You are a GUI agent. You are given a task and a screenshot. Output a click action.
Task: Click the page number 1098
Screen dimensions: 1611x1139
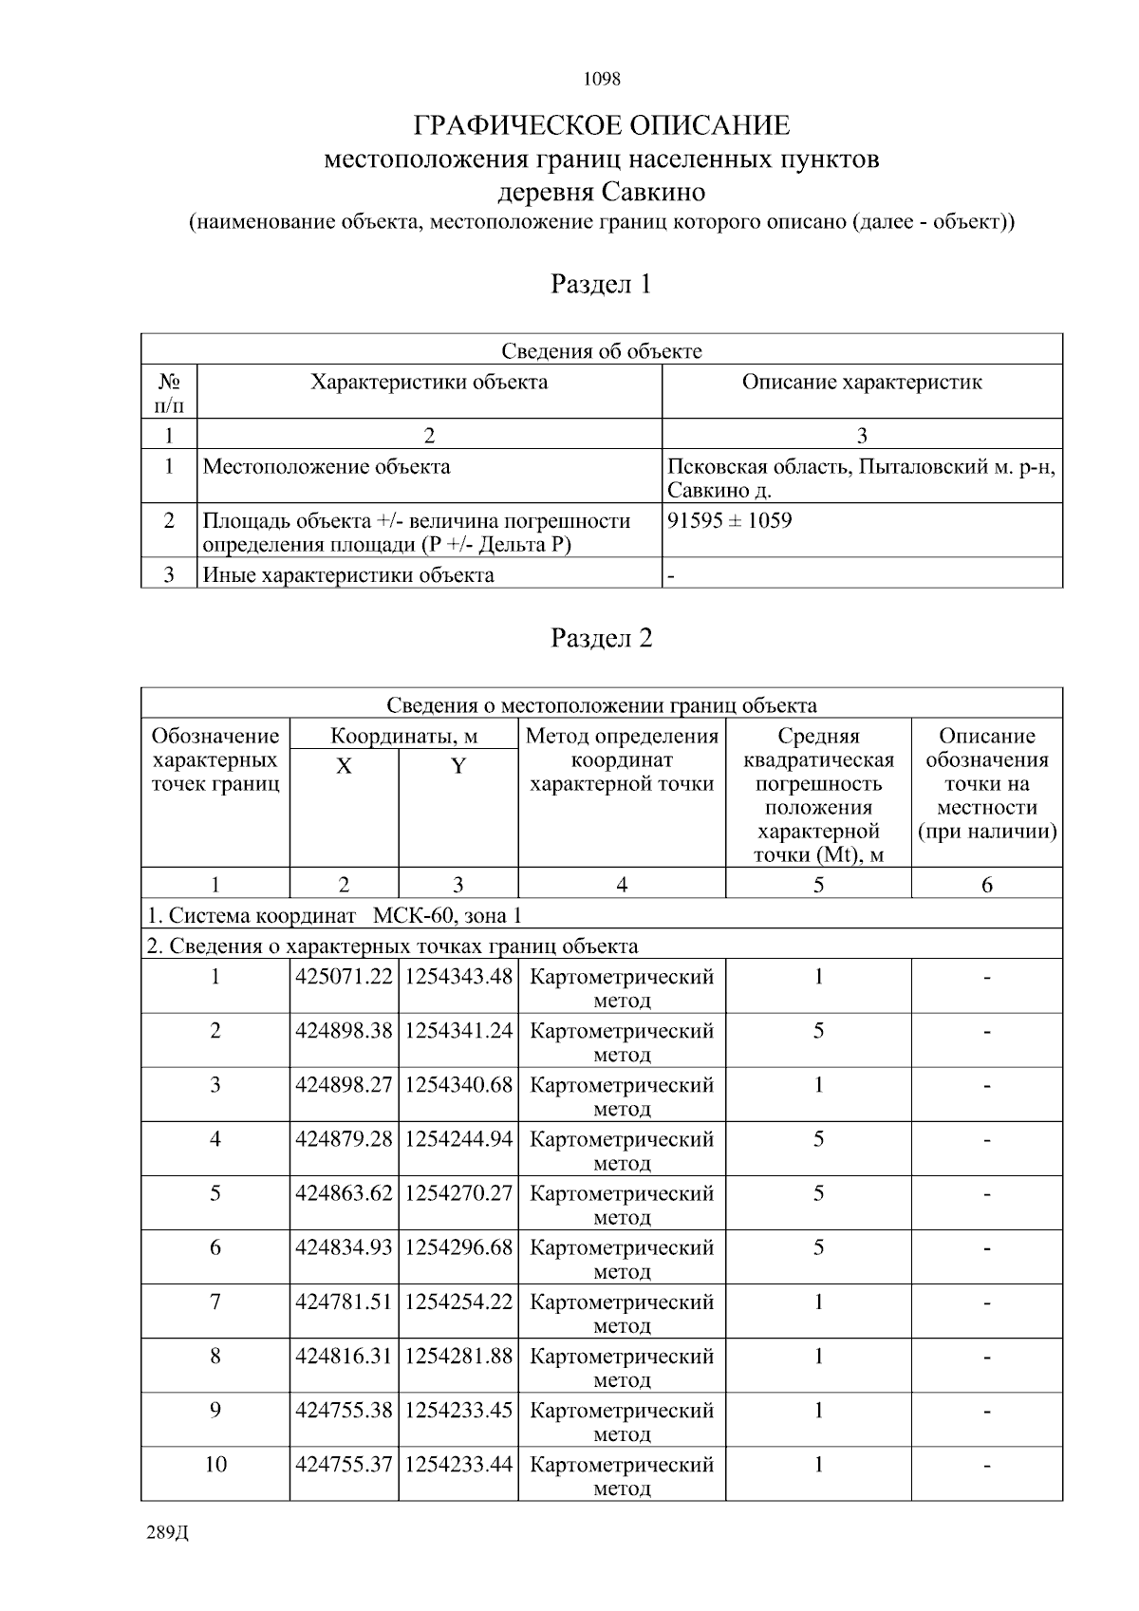[x=601, y=79]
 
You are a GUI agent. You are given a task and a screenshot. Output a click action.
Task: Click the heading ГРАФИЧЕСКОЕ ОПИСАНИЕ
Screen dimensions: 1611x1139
[x=601, y=125]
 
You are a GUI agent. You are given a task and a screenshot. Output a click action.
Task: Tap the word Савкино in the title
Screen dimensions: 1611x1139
[x=652, y=192]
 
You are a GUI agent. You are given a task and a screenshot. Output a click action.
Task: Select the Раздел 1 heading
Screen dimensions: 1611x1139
[x=601, y=284]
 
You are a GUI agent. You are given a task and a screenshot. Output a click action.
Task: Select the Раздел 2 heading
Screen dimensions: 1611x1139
[x=601, y=638]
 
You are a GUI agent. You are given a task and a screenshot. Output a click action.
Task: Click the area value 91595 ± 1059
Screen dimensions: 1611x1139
[x=730, y=520]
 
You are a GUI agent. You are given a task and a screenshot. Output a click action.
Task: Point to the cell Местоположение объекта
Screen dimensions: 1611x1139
[x=327, y=467]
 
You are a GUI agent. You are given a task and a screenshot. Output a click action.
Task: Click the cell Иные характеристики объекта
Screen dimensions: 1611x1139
[x=347, y=575]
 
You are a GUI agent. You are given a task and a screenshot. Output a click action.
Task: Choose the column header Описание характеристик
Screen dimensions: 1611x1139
[x=861, y=383]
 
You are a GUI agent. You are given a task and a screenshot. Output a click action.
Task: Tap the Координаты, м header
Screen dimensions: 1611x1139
[x=403, y=736]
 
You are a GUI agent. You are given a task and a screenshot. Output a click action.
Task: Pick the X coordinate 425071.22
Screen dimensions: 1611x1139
[x=344, y=977]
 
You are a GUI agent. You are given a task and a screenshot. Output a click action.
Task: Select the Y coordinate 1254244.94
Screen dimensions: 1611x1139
[x=458, y=1139]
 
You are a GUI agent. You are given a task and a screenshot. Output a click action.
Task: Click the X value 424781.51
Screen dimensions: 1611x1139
[x=344, y=1302]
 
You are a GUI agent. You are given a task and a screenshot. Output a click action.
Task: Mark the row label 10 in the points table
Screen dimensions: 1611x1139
[x=215, y=1464]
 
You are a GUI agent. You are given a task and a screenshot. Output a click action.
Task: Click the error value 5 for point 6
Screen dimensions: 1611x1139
[x=817, y=1247]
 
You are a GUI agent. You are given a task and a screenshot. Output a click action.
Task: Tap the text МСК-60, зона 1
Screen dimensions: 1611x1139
[x=447, y=916]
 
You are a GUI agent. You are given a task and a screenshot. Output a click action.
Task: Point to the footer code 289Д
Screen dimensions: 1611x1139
[x=168, y=1533]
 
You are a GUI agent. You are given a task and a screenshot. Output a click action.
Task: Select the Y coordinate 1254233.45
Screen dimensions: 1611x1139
[x=458, y=1410]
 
